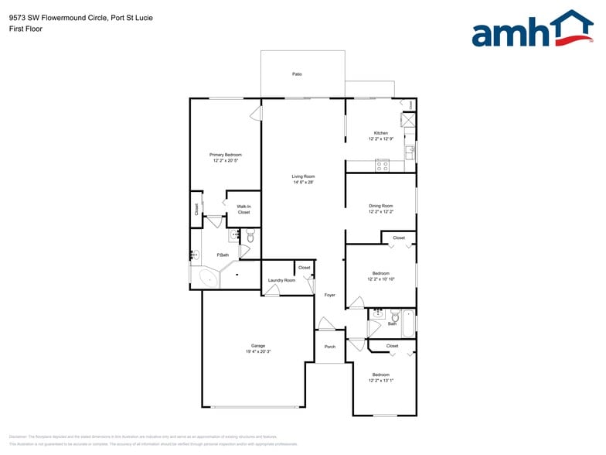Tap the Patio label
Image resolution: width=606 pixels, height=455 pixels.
click(x=297, y=74)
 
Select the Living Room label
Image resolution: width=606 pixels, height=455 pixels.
click(x=303, y=176)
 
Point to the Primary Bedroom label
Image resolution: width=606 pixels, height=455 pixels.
click(x=226, y=155)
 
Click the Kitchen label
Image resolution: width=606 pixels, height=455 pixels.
click(x=380, y=133)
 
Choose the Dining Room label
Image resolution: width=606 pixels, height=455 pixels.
click(x=380, y=205)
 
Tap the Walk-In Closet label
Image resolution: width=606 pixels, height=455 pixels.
click(x=243, y=209)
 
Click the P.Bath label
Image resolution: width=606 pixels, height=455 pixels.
click(x=223, y=255)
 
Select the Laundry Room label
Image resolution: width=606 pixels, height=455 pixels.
click(x=281, y=280)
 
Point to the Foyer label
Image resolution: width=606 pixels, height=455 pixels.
click(x=329, y=295)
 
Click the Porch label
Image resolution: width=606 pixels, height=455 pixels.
click(x=329, y=347)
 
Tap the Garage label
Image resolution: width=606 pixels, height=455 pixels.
click(x=257, y=346)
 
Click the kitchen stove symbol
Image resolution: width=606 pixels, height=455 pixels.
click(x=382, y=166)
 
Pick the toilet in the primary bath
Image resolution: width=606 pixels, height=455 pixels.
click(x=250, y=235)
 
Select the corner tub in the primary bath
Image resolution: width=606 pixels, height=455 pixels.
click(x=207, y=276)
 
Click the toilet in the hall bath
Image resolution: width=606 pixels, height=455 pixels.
click(x=395, y=316)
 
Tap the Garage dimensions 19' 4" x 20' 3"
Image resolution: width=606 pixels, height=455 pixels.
click(x=257, y=351)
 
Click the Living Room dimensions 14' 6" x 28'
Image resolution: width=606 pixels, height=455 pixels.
click(x=303, y=183)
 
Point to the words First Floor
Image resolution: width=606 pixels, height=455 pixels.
click(x=26, y=29)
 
